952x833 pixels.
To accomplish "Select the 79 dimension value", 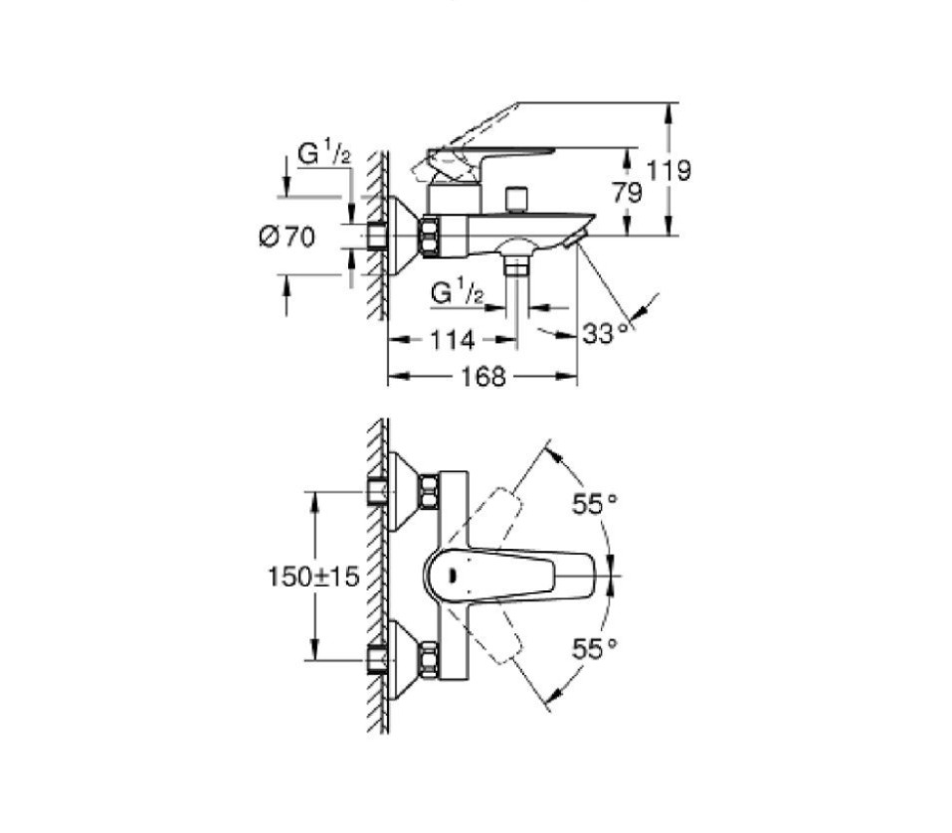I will pos(627,193).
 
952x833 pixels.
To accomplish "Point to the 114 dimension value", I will pos(453,340).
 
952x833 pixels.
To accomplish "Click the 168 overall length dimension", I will pos(483,377).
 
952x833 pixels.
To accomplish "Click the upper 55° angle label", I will pos(594,504).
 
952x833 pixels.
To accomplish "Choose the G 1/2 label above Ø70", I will pos(324,154).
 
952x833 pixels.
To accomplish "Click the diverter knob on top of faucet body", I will pos(514,198).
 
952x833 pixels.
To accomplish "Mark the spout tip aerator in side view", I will pos(575,239).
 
